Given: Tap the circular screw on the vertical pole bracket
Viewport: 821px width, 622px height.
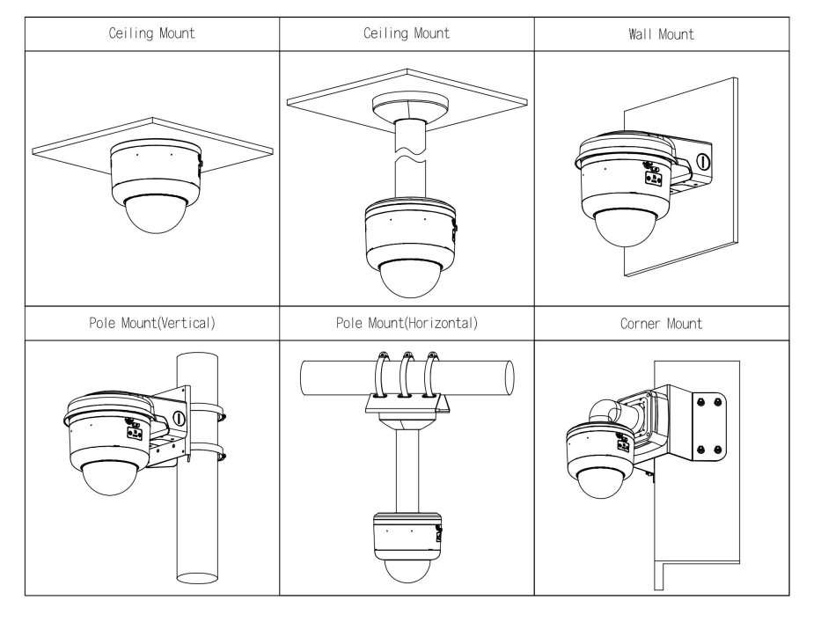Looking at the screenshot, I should coord(179,419).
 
